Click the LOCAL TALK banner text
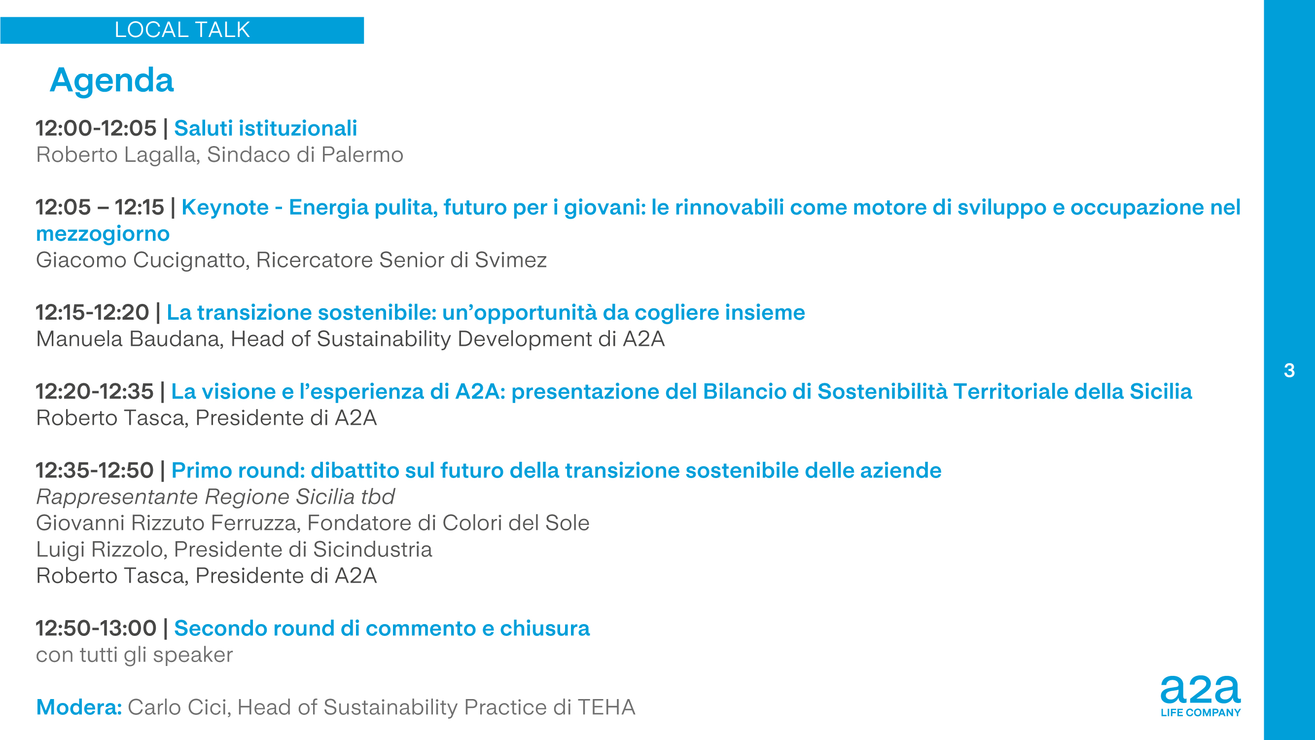point(182,30)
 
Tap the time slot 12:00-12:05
point(96,128)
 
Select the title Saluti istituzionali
point(265,128)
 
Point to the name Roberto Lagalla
point(117,155)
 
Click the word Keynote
point(225,207)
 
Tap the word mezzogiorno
point(103,234)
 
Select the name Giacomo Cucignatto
point(142,260)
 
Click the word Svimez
point(511,260)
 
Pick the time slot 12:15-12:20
point(92,313)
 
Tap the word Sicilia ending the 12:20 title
point(1161,392)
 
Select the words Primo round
point(238,470)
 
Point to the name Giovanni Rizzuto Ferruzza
point(168,523)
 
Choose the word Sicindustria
point(373,550)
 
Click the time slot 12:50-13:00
point(96,628)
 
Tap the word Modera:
point(79,707)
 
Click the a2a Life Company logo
point(1200,696)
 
